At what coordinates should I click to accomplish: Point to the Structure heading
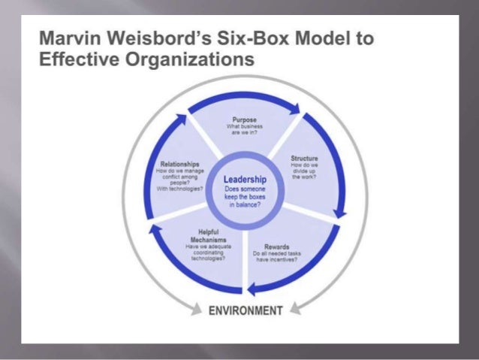tap(304, 159)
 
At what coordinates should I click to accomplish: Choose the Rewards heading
tap(277, 247)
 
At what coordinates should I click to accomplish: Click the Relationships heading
tap(179, 164)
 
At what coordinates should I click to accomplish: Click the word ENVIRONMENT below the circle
tap(246, 309)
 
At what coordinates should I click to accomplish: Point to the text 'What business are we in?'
tap(246, 131)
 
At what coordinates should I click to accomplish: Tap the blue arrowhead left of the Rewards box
tap(255, 286)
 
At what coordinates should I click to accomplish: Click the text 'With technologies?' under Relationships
tap(179, 189)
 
